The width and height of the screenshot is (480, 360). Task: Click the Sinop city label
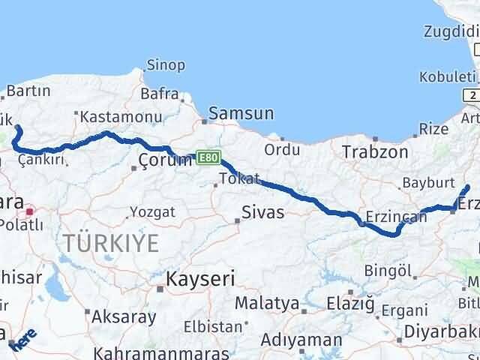pos(166,65)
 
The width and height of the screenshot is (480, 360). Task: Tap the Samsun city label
pos(241,113)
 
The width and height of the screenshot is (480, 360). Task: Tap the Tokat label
pos(239,178)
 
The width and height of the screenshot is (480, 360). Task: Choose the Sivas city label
pos(262,212)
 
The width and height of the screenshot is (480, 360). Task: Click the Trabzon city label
pos(375,152)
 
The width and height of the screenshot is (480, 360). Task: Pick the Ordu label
pos(282,149)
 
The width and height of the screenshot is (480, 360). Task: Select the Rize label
pos(433,129)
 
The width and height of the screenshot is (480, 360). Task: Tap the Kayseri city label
pos(200,280)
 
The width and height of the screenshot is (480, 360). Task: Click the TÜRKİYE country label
pos(111,243)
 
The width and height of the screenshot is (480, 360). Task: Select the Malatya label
pos(266,304)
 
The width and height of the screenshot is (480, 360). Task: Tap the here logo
pos(23,339)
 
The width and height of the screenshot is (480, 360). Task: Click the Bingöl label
pos(388,270)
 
